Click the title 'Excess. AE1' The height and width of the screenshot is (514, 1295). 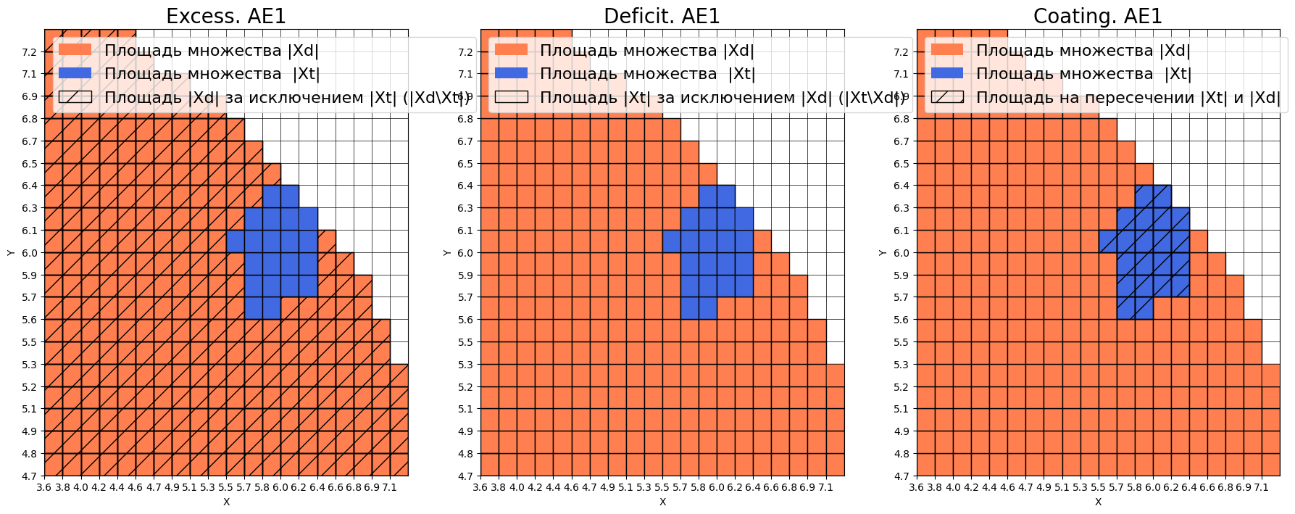coord(226,16)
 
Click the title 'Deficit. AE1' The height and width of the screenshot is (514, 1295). coord(662,16)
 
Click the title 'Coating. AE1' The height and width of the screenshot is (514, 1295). coord(1097,16)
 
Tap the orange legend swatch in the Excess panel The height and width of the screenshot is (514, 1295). coord(75,50)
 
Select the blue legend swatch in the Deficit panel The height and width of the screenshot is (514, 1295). coord(511,73)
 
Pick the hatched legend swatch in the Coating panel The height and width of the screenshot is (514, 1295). coord(947,97)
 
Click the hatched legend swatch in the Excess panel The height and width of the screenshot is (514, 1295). coord(75,97)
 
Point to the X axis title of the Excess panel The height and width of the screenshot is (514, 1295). coord(226,502)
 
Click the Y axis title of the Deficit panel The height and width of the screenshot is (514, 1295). coord(446,252)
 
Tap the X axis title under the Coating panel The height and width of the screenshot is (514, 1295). coord(1098,502)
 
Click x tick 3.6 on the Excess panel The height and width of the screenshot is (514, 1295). coord(44,488)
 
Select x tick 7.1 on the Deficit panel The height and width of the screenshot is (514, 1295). coord(825,488)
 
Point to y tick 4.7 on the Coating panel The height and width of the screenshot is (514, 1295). coord(900,476)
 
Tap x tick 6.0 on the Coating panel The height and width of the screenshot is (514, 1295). coord(1152,488)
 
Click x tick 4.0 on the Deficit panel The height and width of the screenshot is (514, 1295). coord(517,488)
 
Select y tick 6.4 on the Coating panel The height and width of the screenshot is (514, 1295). coord(900,186)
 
